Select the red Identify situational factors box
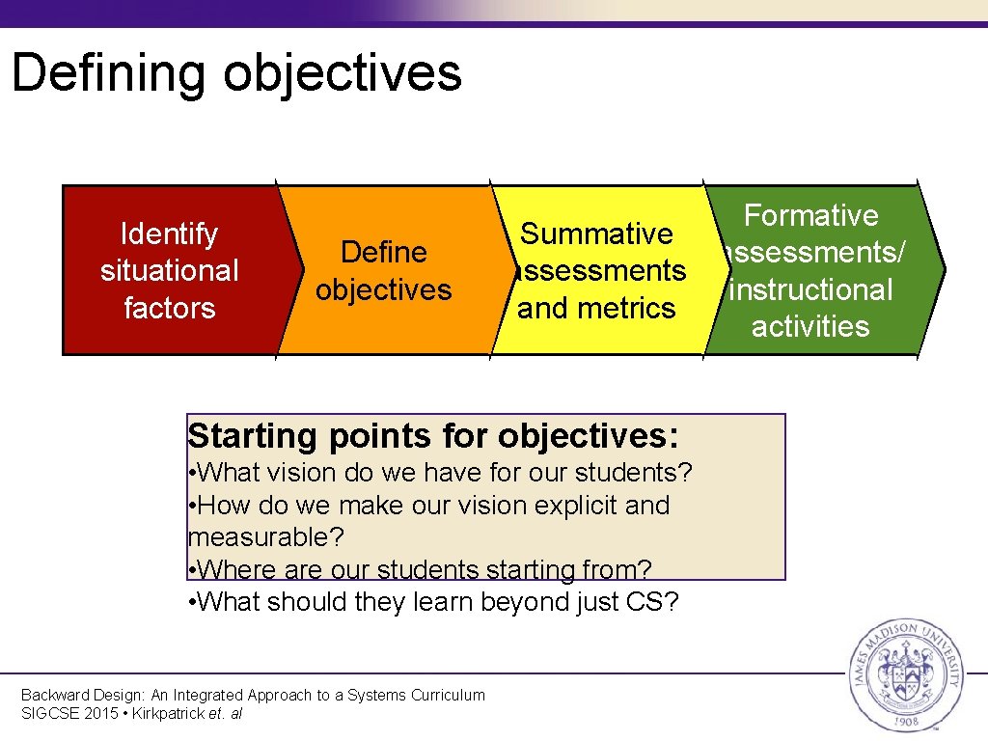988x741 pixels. (x=169, y=270)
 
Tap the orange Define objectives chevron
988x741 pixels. (x=384, y=270)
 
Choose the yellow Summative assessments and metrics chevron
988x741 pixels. (x=597, y=270)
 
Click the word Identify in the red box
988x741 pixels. (x=169, y=233)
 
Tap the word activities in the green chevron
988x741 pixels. (x=810, y=326)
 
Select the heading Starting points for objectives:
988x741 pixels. (x=433, y=435)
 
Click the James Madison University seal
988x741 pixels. (x=903, y=674)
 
